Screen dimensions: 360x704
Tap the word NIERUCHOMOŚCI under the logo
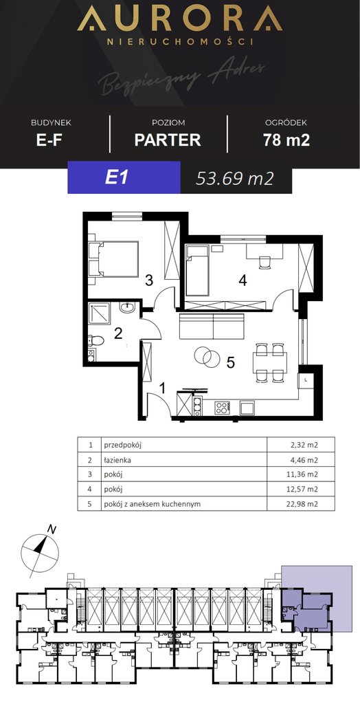pyautogui.click(x=180, y=41)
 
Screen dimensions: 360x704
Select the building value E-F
pyautogui.click(x=49, y=140)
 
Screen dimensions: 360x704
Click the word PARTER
pyautogui.click(x=168, y=140)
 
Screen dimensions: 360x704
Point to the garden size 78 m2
pyautogui.click(x=286, y=140)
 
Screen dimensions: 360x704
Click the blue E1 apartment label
pyautogui.click(x=117, y=178)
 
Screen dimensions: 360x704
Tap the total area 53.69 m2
pyautogui.click(x=235, y=179)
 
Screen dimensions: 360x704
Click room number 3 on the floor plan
pyautogui.click(x=149, y=281)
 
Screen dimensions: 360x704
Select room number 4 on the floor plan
pyautogui.click(x=243, y=281)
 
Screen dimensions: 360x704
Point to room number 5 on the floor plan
pyautogui.click(x=231, y=363)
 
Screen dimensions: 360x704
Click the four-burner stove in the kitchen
pyautogui.click(x=222, y=408)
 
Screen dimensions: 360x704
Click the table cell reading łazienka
pyautogui.click(x=117, y=460)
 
